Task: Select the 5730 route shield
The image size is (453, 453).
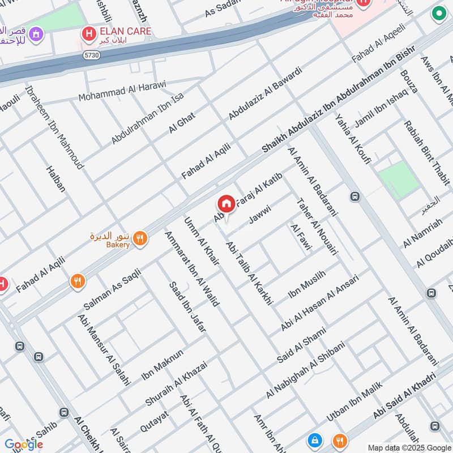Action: click(x=93, y=57)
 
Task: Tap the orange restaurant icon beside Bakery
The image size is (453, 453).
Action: click(x=140, y=239)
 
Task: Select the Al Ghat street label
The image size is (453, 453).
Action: click(x=182, y=123)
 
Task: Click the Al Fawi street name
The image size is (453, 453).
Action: click(x=297, y=236)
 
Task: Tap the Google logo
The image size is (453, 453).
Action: click(x=23, y=445)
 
